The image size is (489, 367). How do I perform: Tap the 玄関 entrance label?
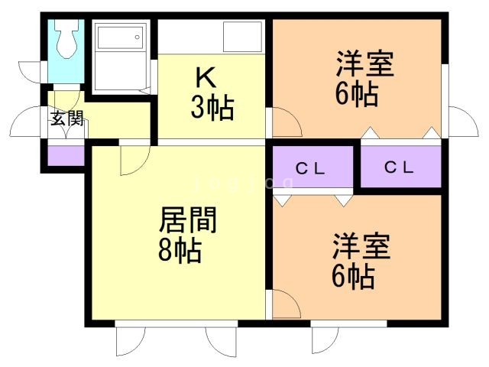pyautogui.click(x=66, y=119)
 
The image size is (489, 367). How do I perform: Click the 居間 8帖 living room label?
pyautogui.click(x=185, y=235)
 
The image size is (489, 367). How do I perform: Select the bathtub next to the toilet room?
pyautogui.click(x=118, y=56)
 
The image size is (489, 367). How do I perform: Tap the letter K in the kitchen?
pyautogui.click(x=204, y=77)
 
